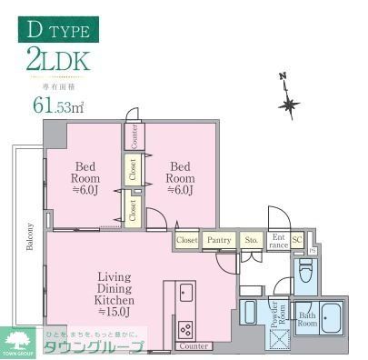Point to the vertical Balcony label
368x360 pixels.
30,240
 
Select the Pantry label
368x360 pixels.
219,240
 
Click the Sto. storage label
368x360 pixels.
252,240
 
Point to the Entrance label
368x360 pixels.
277,240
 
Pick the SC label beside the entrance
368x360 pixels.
297,240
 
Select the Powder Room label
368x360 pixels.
282,315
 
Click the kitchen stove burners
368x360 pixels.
186,327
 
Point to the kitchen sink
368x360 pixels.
185,294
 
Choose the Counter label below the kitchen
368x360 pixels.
194,346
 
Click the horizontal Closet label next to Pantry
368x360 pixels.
187,240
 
